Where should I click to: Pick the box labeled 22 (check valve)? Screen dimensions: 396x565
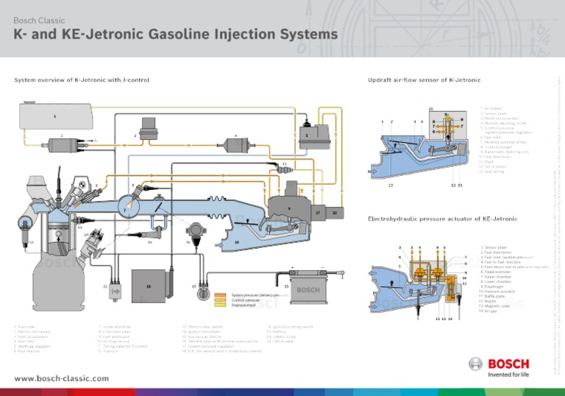[335, 212]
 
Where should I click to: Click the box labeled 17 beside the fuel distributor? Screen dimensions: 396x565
[317, 212]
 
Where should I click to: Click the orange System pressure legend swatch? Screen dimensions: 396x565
[220, 294]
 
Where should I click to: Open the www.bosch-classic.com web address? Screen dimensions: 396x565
[61, 378]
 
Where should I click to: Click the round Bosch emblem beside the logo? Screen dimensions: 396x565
[475, 364]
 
